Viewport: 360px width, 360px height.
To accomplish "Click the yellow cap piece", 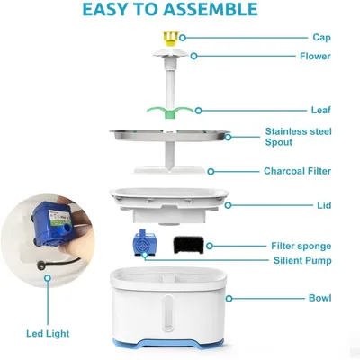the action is click(170, 38).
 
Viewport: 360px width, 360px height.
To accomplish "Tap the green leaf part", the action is click(170, 112).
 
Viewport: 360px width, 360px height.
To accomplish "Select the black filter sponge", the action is click(188, 245).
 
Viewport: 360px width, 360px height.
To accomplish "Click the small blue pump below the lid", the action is click(143, 243).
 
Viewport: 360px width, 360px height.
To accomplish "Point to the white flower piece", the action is click(170, 53).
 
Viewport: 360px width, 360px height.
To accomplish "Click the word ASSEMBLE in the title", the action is click(211, 9).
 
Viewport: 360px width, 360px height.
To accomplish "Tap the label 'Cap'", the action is click(321, 38).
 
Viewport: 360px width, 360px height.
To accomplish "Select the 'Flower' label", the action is click(315, 56).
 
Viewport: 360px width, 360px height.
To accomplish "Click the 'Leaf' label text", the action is click(321, 110).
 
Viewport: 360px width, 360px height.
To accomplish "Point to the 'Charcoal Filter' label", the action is click(298, 171).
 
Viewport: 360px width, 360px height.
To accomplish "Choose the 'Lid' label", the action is click(324, 205).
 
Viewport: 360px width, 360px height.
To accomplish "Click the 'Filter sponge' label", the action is click(301, 246).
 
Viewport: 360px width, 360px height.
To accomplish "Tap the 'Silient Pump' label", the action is click(302, 260).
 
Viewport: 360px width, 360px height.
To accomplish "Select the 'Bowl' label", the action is click(320, 298).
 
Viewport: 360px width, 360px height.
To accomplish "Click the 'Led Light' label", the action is click(48, 334).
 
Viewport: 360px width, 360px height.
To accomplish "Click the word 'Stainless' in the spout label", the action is click(289, 131).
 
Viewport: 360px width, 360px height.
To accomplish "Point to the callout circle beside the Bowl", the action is click(229, 299).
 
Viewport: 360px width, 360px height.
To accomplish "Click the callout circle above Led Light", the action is click(47, 278).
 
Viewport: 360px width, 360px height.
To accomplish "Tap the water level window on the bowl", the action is click(168, 313).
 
